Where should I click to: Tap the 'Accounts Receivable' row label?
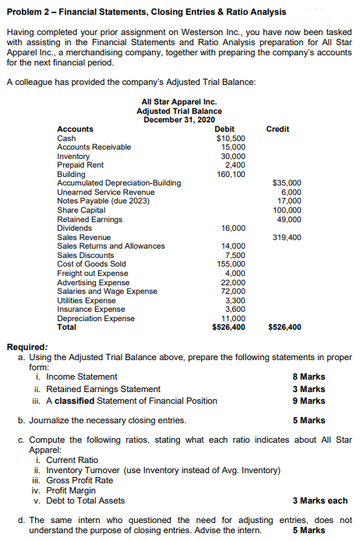coord(94,147)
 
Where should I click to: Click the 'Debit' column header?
coord(235,129)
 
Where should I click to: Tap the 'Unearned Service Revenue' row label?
coord(106,192)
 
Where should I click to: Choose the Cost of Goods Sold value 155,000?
coord(232,263)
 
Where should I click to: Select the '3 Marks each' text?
coord(319,500)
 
